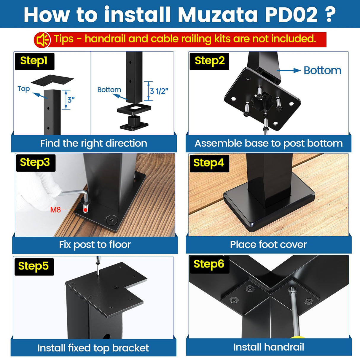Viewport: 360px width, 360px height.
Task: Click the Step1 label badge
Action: coord(34,61)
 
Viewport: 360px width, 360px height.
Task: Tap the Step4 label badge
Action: coord(209,163)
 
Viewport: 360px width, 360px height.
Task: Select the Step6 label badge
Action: coord(209,264)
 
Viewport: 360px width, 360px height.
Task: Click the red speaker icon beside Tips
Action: coord(42,40)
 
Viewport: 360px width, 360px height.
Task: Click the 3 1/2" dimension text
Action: coord(159,91)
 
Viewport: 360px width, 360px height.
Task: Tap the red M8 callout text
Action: coord(55,210)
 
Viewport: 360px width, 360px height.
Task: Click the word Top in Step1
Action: coord(24,89)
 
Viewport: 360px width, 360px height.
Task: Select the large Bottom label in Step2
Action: coord(322,71)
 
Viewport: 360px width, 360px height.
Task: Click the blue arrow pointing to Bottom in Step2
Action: coord(289,71)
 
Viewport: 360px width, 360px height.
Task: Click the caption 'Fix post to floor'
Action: coord(95,245)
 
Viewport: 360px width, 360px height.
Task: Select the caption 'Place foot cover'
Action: coord(268,245)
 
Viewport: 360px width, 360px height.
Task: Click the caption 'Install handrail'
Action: coord(269,347)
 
